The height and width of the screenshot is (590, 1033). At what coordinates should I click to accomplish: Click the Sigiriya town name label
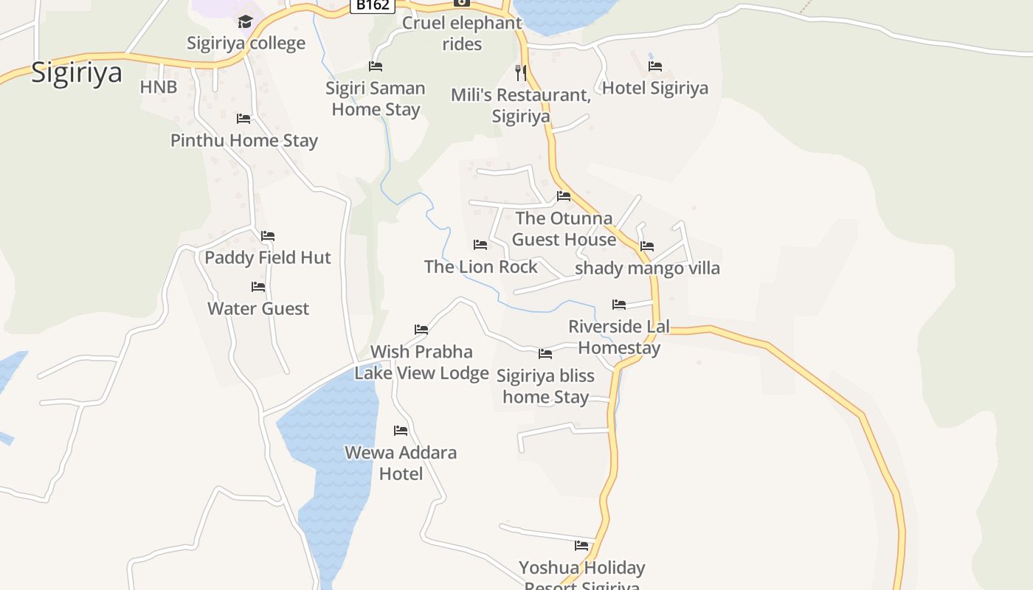coord(76,74)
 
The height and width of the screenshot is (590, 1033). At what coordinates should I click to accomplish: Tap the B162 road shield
coord(372,4)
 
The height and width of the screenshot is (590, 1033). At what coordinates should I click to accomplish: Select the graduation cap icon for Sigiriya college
coord(245,21)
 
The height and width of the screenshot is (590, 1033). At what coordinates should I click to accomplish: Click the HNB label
coord(159,87)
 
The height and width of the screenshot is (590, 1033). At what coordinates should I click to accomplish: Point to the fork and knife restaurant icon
coord(521,72)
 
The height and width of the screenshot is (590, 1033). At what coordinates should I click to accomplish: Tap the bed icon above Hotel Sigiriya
coord(654,66)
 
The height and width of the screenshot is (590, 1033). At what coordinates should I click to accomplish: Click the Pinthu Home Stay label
coord(244,140)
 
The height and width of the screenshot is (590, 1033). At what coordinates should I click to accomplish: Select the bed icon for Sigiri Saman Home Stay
coord(376,66)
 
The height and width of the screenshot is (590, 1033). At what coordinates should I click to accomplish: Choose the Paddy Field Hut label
coord(268,257)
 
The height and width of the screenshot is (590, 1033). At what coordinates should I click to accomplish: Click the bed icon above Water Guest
coord(258,287)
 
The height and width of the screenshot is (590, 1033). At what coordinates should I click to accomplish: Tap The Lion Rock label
coord(480,267)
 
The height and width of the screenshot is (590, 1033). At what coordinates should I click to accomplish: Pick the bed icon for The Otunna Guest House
coord(564,196)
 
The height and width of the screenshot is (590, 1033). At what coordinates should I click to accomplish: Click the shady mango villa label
coord(647,268)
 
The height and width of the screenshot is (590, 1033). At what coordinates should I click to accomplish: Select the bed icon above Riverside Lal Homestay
coord(619,305)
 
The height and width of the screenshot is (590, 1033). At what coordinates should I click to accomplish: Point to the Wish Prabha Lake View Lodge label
coord(421,362)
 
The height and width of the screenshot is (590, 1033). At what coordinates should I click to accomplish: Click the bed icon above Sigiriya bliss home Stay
coord(545,354)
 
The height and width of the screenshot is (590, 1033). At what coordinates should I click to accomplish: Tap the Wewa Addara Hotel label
coord(401,462)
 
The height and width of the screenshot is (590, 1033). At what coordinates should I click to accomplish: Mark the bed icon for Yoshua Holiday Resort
coord(581,546)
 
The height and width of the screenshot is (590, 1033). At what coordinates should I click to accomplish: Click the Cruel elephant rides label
coord(462,33)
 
